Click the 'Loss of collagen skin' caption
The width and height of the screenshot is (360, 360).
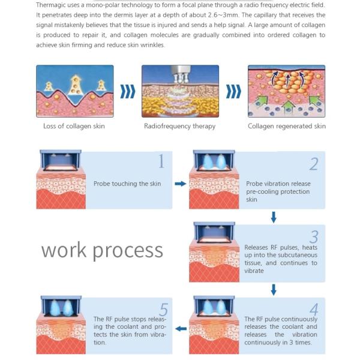click(x=75, y=127)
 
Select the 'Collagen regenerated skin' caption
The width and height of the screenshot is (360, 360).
click(x=287, y=127)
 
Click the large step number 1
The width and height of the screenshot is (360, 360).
click(x=160, y=161)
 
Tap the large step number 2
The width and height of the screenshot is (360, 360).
click(x=314, y=164)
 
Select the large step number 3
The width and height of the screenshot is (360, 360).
click(x=314, y=236)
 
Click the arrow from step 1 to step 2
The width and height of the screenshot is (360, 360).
click(x=180, y=184)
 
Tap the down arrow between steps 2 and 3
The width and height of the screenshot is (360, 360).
click(x=274, y=217)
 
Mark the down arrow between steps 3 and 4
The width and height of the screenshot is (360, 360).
click(x=274, y=290)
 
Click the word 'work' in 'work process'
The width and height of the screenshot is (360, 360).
click(x=66, y=250)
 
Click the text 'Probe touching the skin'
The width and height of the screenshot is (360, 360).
click(x=127, y=184)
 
